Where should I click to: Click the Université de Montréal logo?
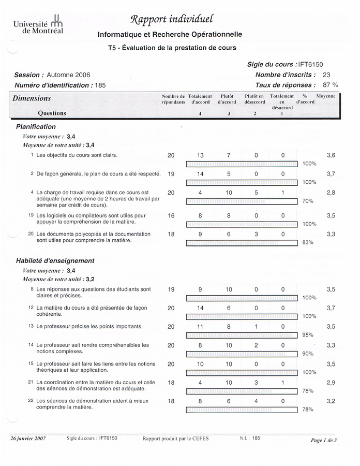click(38, 24)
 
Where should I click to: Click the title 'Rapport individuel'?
click(170, 20)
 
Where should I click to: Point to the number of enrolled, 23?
click(326, 75)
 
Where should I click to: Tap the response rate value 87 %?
click(331, 85)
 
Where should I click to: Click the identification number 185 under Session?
click(100, 85)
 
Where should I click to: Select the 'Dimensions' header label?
click(32, 98)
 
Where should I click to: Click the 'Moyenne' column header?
click(326, 96)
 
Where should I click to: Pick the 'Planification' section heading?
click(36, 126)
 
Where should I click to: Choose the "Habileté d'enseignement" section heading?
click(55, 260)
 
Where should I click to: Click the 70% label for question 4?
click(308, 201)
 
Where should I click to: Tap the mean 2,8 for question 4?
click(331, 193)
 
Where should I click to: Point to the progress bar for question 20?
click(241, 242)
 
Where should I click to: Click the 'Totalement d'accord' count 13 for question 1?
click(200, 155)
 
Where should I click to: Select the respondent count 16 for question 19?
click(171, 215)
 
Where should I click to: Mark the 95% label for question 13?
click(308, 334)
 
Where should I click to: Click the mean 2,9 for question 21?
click(331, 382)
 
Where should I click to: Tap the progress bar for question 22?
click(241, 409)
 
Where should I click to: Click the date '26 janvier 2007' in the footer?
click(28, 438)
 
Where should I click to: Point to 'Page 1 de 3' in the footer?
click(324, 440)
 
